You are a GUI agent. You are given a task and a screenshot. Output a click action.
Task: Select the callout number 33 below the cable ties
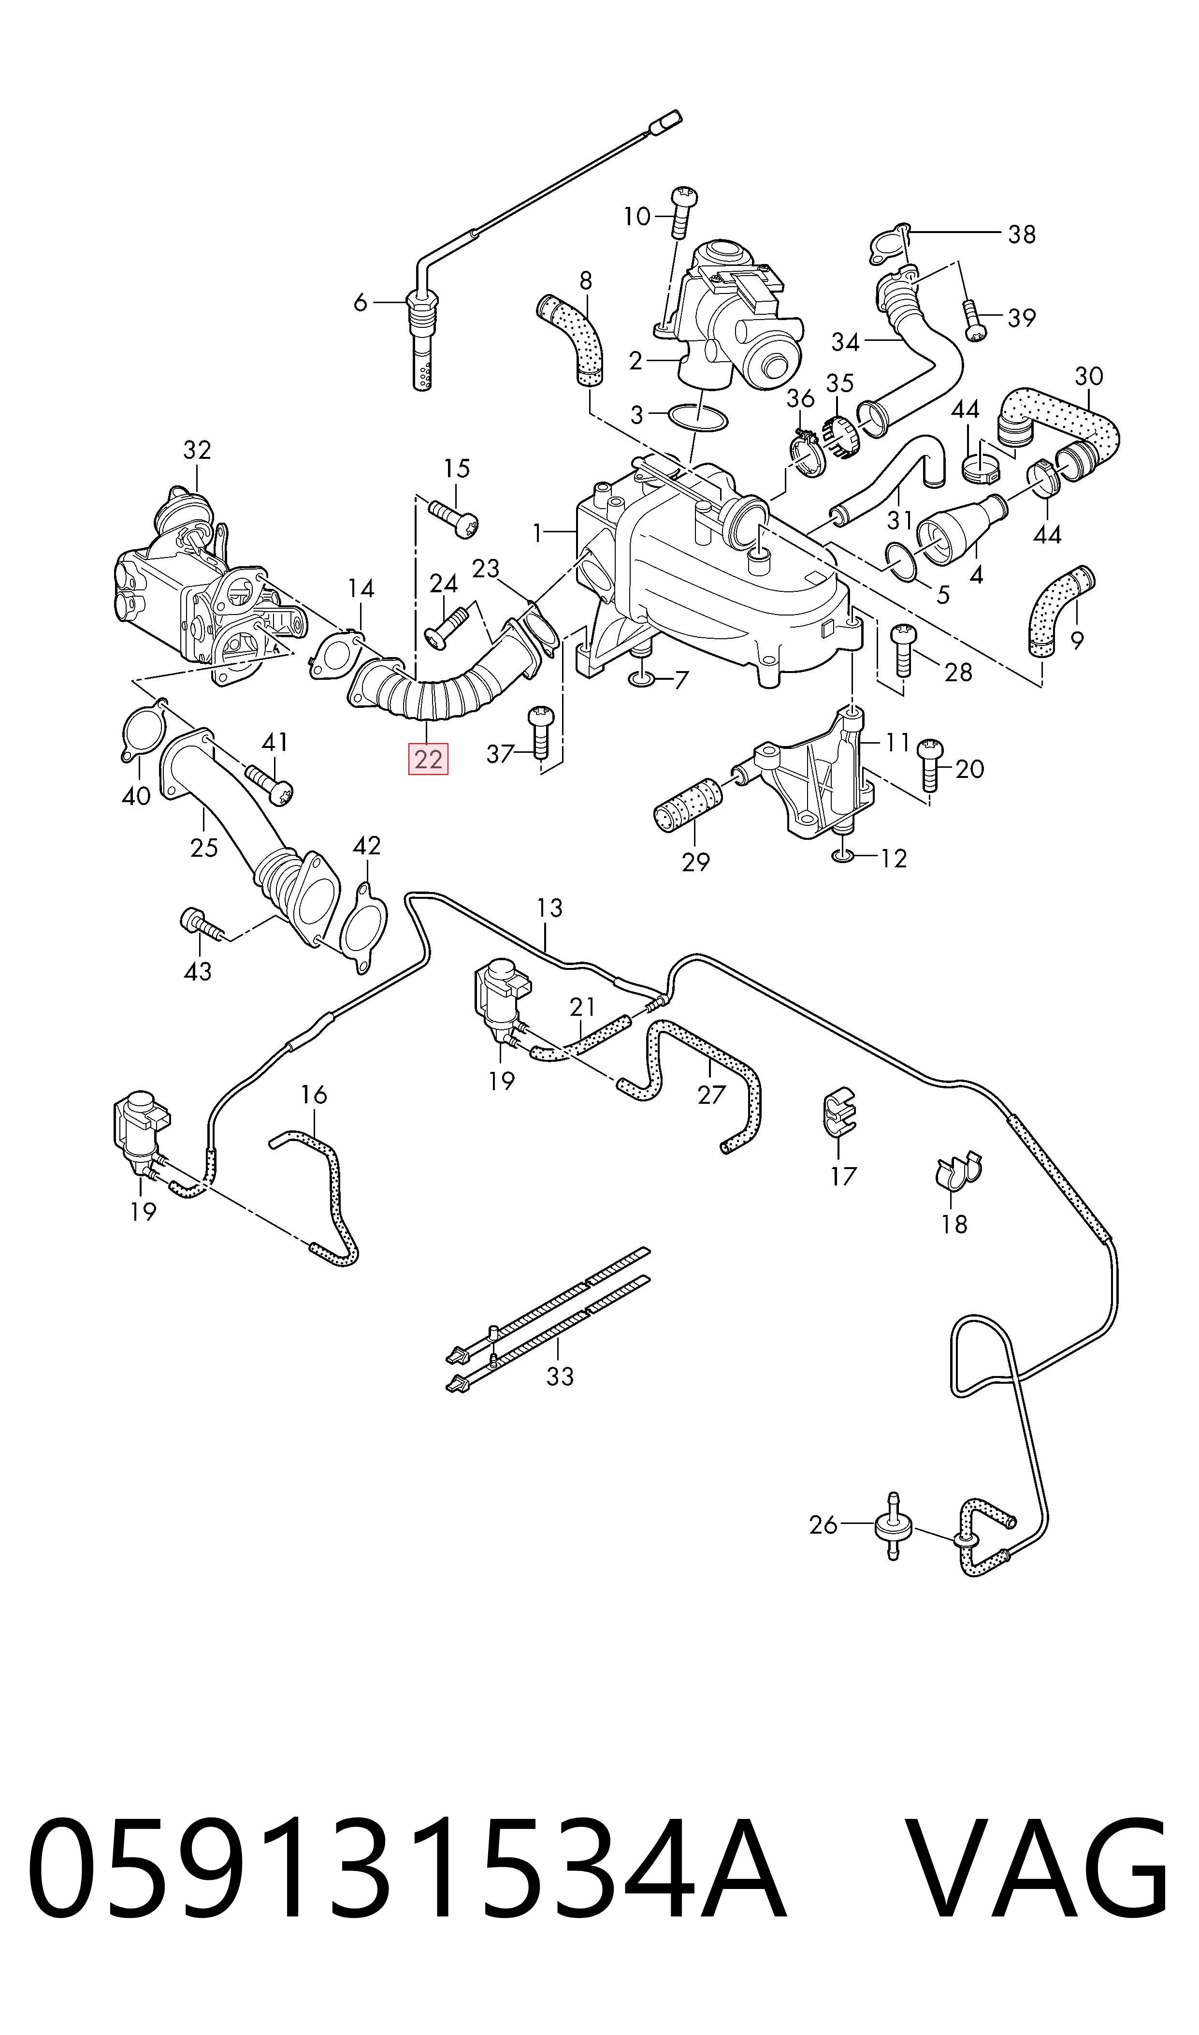(x=560, y=1376)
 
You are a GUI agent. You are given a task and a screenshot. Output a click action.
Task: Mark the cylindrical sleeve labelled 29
(x=688, y=804)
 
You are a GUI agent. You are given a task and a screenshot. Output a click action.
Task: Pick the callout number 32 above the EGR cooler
(x=197, y=450)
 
